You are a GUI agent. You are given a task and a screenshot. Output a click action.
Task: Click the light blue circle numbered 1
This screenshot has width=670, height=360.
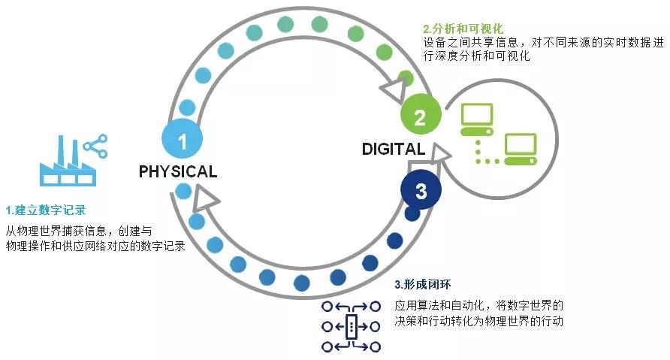(x=182, y=138)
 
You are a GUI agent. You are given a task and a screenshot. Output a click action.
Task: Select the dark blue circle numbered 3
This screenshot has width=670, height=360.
(x=421, y=190)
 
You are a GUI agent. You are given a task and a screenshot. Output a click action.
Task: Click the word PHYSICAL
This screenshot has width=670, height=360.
(x=178, y=171)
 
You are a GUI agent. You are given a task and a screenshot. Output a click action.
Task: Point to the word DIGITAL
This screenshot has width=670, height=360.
(x=394, y=149)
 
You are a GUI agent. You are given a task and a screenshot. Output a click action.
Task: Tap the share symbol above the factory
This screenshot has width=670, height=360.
(x=95, y=147)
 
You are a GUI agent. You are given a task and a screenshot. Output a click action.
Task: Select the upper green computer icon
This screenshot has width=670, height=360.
(x=477, y=119)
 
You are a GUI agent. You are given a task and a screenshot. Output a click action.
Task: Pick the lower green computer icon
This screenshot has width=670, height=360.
(x=521, y=150)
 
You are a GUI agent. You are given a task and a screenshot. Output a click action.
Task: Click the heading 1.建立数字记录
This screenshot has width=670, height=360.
(x=46, y=210)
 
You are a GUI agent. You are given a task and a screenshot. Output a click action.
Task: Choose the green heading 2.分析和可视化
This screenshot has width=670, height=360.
(x=463, y=29)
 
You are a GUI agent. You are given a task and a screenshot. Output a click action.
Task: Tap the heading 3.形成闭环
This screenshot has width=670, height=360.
(x=423, y=284)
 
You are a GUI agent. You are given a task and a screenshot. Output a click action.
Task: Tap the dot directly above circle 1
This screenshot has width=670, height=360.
(x=187, y=107)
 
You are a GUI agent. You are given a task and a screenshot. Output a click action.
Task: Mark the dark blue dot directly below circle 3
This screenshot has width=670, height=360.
(x=412, y=213)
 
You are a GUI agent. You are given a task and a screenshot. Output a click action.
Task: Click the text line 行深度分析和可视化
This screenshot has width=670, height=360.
(x=476, y=56)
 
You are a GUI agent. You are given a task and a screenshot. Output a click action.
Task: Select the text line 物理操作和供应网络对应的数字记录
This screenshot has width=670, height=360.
(x=95, y=246)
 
